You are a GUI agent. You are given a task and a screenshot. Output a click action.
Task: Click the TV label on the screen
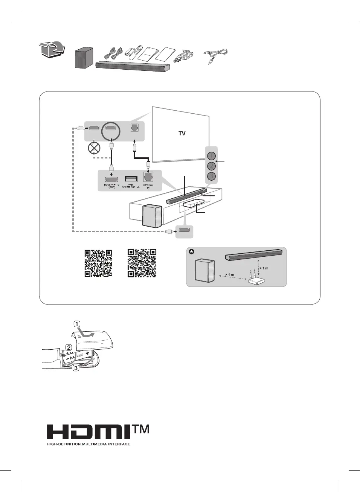[182, 133]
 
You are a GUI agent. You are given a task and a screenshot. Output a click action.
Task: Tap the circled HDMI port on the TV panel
[110, 128]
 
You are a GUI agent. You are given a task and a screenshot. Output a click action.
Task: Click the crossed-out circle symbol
[94, 148]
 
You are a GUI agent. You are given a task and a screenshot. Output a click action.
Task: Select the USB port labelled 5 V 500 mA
[131, 180]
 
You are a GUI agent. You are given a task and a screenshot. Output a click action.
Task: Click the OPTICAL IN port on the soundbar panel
[148, 177]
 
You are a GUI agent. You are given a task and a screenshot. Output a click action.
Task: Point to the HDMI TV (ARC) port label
[111, 186]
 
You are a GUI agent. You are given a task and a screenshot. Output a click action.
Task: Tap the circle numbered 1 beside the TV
[212, 156]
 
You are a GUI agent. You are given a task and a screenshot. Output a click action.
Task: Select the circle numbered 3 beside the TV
[212, 176]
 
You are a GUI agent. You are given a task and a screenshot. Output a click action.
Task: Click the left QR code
[98, 263]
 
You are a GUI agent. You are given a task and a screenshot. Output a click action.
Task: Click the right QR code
[142, 263]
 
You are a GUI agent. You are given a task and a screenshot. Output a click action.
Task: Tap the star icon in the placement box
[192, 251]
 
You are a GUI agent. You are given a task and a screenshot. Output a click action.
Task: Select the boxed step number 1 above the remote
[77, 324]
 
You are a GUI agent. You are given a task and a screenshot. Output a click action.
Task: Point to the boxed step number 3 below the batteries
[76, 368]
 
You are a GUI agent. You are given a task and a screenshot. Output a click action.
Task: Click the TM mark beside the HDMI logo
[141, 430]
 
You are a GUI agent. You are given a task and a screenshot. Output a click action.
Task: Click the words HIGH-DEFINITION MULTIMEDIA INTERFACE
[88, 444]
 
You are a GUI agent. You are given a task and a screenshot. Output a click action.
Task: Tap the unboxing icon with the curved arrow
[52, 50]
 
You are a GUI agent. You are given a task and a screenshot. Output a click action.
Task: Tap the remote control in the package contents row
[137, 52]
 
